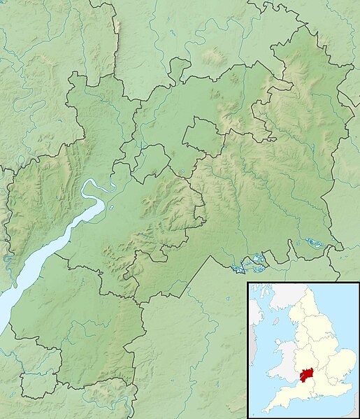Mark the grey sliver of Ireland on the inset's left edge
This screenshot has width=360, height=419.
251,322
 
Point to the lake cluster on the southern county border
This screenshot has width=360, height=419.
249,264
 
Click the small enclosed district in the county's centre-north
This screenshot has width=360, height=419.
203,135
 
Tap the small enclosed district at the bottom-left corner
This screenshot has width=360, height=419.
38,383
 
